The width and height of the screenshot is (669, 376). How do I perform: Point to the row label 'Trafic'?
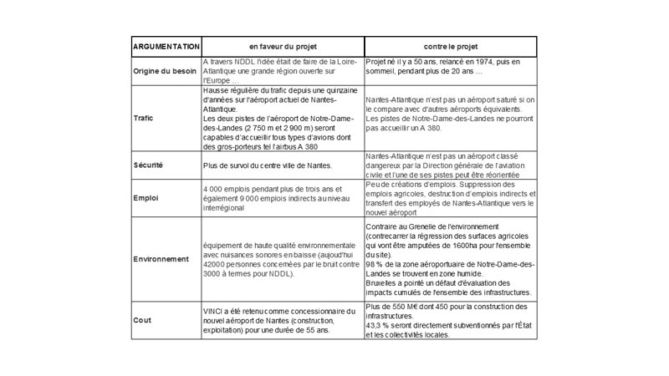(143, 118)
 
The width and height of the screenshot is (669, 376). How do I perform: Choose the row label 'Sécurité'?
(148, 165)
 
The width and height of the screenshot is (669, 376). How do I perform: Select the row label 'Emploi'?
(145, 200)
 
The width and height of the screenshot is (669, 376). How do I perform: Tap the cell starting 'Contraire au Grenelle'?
(450, 259)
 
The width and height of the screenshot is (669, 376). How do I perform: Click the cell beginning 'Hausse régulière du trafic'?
(283, 117)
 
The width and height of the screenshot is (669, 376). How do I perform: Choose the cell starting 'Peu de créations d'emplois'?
(450, 200)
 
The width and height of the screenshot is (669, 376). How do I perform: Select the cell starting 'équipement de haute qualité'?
(283, 259)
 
